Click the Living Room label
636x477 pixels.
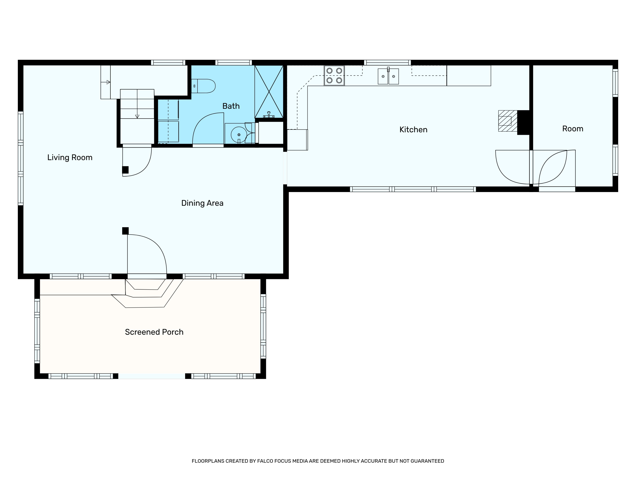[x=70, y=158]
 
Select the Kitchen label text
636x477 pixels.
[x=413, y=130]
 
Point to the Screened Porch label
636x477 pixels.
[x=154, y=332]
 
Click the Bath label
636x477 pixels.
[x=231, y=106]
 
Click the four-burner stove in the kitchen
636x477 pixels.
[x=334, y=76]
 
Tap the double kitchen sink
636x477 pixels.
[x=388, y=76]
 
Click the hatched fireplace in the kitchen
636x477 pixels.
[x=508, y=121]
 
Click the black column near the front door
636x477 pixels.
[x=125, y=231]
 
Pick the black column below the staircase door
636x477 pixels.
[x=125, y=170]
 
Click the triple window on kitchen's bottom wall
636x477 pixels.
[x=413, y=189]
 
